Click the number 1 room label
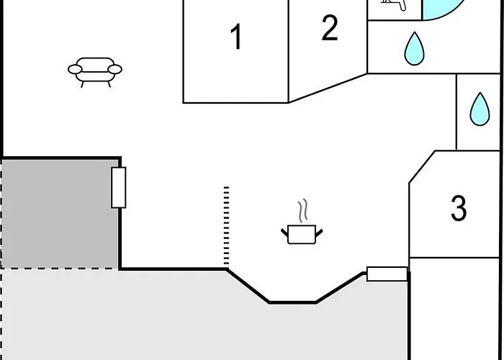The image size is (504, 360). coord(236,37)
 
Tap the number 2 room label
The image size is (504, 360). coord(330,28)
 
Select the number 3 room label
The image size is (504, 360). coord(459,208)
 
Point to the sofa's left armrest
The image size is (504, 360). coord(75,69)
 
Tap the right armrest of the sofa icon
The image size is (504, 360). coord(114,69)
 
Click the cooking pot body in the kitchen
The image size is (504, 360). coord(302,235)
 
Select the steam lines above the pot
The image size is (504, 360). coord(302,210)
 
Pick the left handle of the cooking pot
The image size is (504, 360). coord(284,233)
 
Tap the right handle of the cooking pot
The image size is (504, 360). coord(319,233)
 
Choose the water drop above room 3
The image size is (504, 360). coord(480,110)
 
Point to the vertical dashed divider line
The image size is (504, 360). coord(226,227)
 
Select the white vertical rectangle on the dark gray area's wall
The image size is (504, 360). coord(119,187)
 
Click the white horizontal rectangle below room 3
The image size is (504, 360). coord(387,274)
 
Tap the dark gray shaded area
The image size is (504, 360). coord(60,214)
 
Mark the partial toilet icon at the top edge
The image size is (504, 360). coord(394,4)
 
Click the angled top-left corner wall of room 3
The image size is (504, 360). coord(422,167)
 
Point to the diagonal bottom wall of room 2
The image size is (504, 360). coord(328,88)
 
